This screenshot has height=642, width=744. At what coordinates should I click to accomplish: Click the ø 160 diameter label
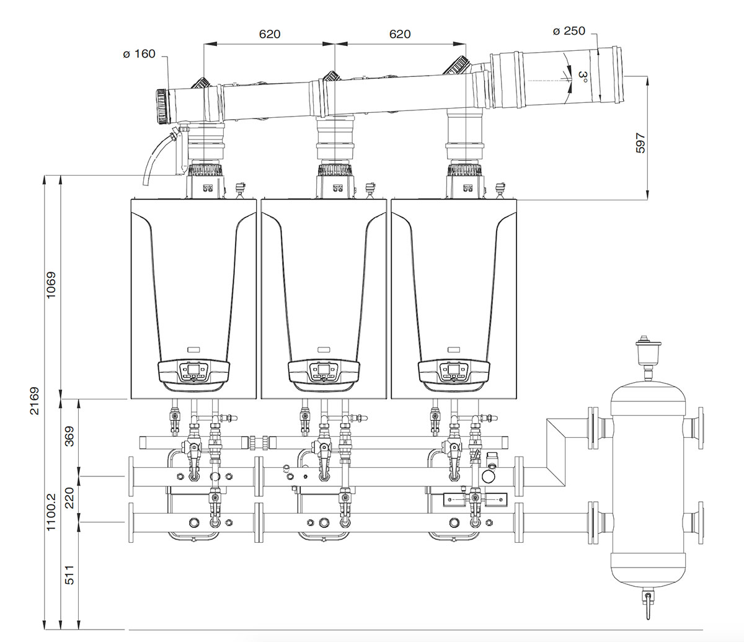pos(139,54)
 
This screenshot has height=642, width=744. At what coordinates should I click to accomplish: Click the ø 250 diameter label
pos(569,30)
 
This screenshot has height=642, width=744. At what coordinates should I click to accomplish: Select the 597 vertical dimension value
pos(641,142)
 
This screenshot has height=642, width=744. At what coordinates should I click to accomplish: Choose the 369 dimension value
pos(69,437)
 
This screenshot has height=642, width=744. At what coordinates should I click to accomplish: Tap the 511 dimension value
pos(69,574)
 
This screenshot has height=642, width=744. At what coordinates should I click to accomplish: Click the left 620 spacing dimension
pos(269,33)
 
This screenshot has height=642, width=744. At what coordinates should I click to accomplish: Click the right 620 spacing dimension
pos(400,33)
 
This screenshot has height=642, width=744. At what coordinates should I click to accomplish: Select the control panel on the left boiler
pos(193,372)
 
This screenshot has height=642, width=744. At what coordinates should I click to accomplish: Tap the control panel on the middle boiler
pos(324,372)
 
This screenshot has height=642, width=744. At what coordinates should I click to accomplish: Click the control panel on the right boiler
pos(454,372)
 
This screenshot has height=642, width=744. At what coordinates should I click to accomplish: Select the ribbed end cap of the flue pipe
pos(161,106)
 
